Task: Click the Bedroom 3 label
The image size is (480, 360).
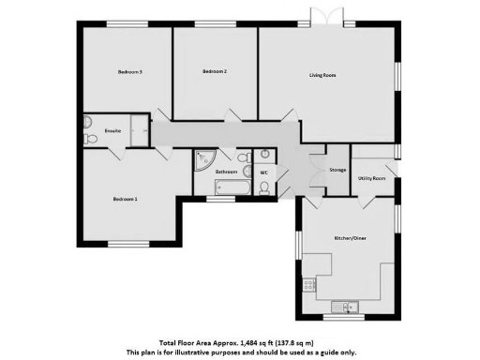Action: (129, 72)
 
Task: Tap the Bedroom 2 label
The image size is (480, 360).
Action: (215, 71)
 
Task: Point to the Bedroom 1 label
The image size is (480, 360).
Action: (125, 199)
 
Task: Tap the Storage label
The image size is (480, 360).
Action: (337, 170)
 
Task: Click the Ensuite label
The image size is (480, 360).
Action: (112, 130)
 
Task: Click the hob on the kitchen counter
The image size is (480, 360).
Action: (306, 286)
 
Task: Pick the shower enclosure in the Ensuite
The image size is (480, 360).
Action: (141, 130)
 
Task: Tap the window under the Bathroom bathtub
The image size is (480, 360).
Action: (220, 199)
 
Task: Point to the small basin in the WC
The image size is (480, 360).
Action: (265, 154)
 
